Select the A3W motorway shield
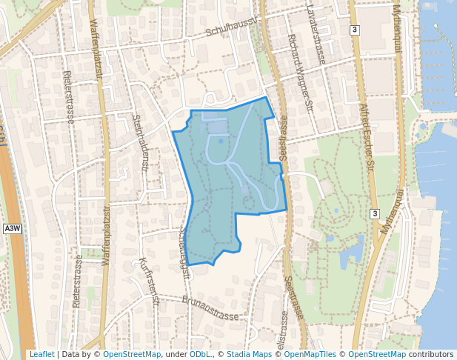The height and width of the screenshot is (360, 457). [x=13, y=229]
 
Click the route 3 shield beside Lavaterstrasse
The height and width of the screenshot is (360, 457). [x=356, y=30]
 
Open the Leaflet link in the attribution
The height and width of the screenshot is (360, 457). [x=41, y=355]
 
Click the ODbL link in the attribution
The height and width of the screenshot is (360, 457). [x=199, y=355]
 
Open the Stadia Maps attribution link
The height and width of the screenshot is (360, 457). [x=248, y=355]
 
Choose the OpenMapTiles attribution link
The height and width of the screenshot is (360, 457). [x=311, y=355]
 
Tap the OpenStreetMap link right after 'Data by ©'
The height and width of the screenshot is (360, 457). [x=132, y=355]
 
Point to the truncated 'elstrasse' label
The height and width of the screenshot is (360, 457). [x=284, y=334]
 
